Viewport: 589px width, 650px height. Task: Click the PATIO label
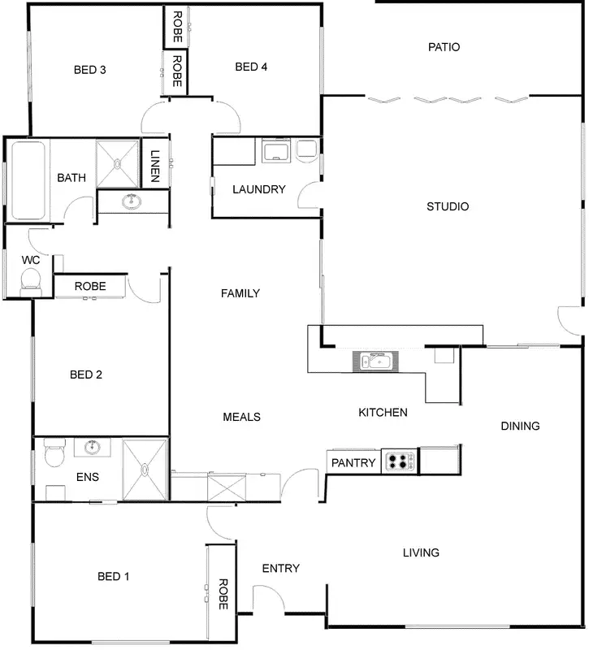pyautogui.click(x=444, y=47)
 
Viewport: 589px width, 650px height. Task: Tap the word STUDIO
pyautogui.click(x=448, y=206)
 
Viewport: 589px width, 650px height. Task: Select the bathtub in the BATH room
pyautogui.click(x=28, y=180)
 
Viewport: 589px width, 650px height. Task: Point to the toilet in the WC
pyautogui.click(x=31, y=281)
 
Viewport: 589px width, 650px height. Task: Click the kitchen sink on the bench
pyautogui.click(x=376, y=360)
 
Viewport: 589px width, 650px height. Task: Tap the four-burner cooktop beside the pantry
pyautogui.click(x=399, y=462)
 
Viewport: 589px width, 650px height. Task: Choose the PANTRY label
pyautogui.click(x=353, y=463)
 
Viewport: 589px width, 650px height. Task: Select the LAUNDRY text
pyautogui.click(x=258, y=189)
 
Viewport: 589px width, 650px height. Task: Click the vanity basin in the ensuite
pyautogui.click(x=92, y=446)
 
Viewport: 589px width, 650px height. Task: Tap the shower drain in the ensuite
pyautogui.click(x=145, y=469)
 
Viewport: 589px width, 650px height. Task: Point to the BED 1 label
pyautogui.click(x=114, y=576)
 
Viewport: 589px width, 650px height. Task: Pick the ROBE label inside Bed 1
pyautogui.click(x=221, y=594)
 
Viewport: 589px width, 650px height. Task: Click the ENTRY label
pyautogui.click(x=280, y=569)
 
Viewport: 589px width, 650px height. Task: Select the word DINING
pyautogui.click(x=520, y=426)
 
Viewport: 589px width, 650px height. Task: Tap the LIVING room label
pyautogui.click(x=421, y=552)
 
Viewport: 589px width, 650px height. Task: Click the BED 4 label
pyautogui.click(x=251, y=67)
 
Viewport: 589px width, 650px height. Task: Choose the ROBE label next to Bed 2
pyautogui.click(x=90, y=286)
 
